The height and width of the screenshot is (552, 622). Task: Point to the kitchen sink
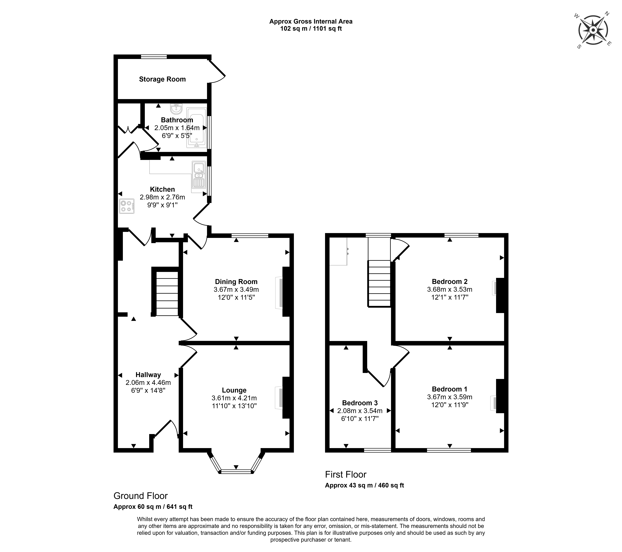[199, 175]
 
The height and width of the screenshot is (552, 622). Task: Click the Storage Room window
[154, 57]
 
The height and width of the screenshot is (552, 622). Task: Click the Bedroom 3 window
[377, 450]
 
